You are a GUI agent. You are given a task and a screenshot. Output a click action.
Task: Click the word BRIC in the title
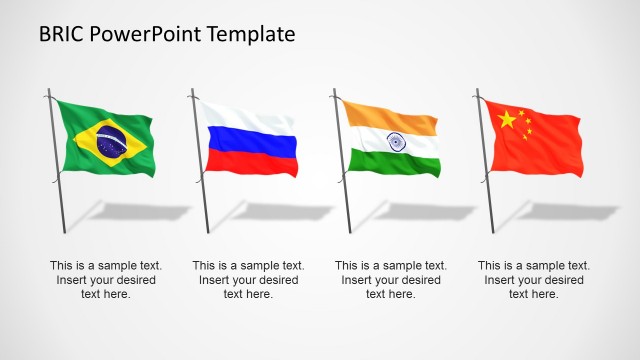[x=61, y=34]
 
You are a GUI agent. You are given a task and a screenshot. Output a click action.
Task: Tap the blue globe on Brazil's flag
[x=111, y=144]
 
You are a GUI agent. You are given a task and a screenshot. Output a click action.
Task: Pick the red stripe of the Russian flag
[x=250, y=163]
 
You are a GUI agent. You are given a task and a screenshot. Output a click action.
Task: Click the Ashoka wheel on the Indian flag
[x=395, y=141]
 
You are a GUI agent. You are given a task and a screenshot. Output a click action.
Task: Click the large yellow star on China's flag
[x=507, y=120]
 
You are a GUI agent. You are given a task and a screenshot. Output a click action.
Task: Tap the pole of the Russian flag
[x=202, y=190]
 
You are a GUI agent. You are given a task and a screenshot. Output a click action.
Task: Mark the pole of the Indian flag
[x=345, y=190]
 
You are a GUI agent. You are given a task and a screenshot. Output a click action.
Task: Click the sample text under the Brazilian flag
[x=106, y=280]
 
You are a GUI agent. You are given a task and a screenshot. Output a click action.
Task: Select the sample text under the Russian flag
[x=248, y=280]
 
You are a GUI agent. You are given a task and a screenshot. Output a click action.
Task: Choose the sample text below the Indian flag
[x=391, y=280]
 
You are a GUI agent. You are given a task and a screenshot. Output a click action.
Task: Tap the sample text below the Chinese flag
[x=533, y=280]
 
